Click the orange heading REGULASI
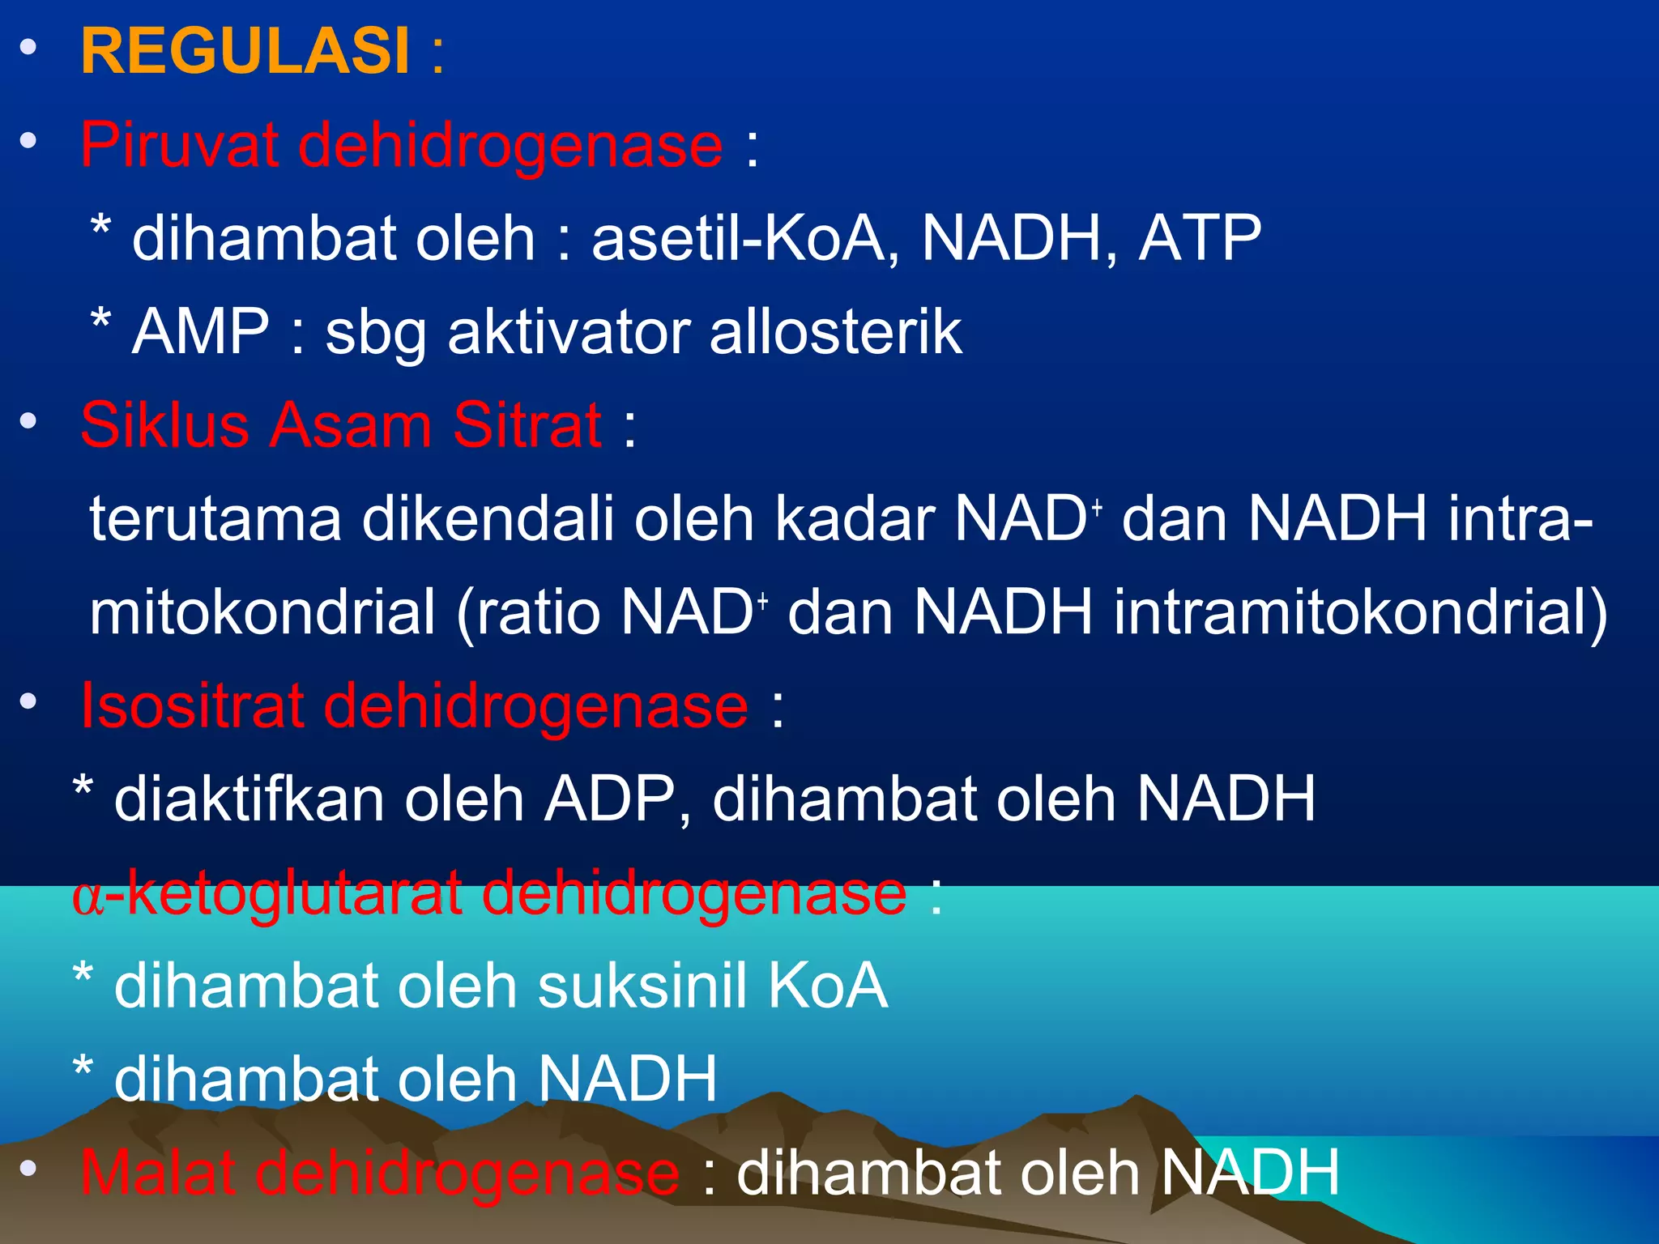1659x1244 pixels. click(x=245, y=52)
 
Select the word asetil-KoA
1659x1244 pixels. click(x=739, y=239)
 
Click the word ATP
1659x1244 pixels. click(x=1200, y=239)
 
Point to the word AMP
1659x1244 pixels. click(x=200, y=332)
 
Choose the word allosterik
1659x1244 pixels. click(x=835, y=332)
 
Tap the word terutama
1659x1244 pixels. click(x=215, y=519)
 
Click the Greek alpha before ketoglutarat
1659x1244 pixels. click(x=88, y=897)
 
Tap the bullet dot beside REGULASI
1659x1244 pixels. click(x=29, y=48)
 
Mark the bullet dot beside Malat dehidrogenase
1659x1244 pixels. click(x=29, y=1168)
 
